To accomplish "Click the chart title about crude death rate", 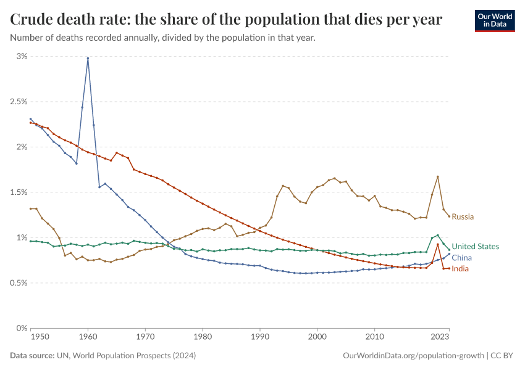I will tap(226, 20).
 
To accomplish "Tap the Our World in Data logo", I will tap(494, 20).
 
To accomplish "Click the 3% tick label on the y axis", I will tap(22, 56).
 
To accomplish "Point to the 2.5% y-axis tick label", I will tap(18, 102).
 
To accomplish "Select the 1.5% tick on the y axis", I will tap(18, 192).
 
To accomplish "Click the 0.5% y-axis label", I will tap(18, 283).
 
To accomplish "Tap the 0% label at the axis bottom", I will tap(22, 328).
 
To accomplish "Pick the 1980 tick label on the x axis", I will tap(202, 337).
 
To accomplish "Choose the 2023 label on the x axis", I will tap(439, 337).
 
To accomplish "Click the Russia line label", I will tap(463, 216).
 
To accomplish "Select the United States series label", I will tap(475, 246).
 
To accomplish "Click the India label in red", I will tap(460, 269).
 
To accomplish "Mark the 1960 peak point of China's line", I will tap(88, 59).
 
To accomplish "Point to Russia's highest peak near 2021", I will tap(437, 176).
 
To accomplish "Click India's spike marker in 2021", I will tap(437, 244).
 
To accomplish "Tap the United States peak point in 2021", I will tap(437, 235).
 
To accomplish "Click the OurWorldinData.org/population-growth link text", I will tap(413, 356).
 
